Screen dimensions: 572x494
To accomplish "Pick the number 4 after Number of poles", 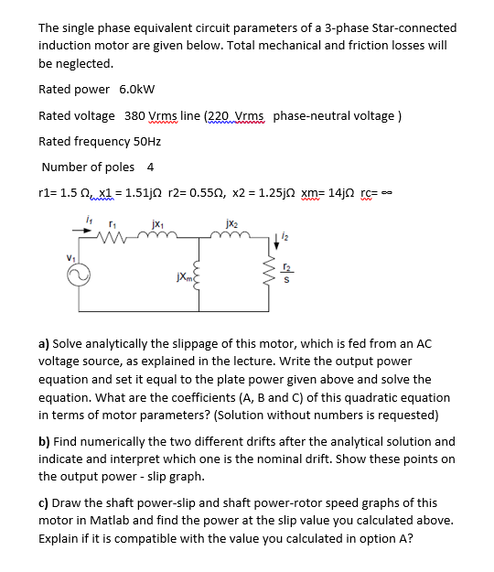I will point(150,167).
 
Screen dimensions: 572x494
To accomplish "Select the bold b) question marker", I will point(43,441).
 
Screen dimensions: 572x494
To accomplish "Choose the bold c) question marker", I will point(43,502).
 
